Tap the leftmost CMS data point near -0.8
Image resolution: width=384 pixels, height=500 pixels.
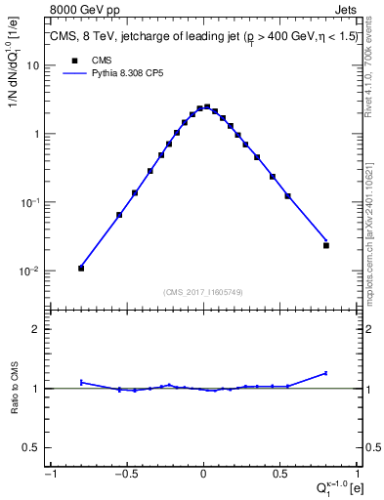click(x=81, y=268)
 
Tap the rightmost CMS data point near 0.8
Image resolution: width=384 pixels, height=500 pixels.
click(x=326, y=245)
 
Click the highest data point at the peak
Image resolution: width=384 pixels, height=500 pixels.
click(x=207, y=107)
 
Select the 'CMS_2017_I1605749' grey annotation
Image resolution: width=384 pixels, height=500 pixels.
click(x=203, y=292)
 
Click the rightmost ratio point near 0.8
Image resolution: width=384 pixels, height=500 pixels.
click(x=326, y=373)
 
